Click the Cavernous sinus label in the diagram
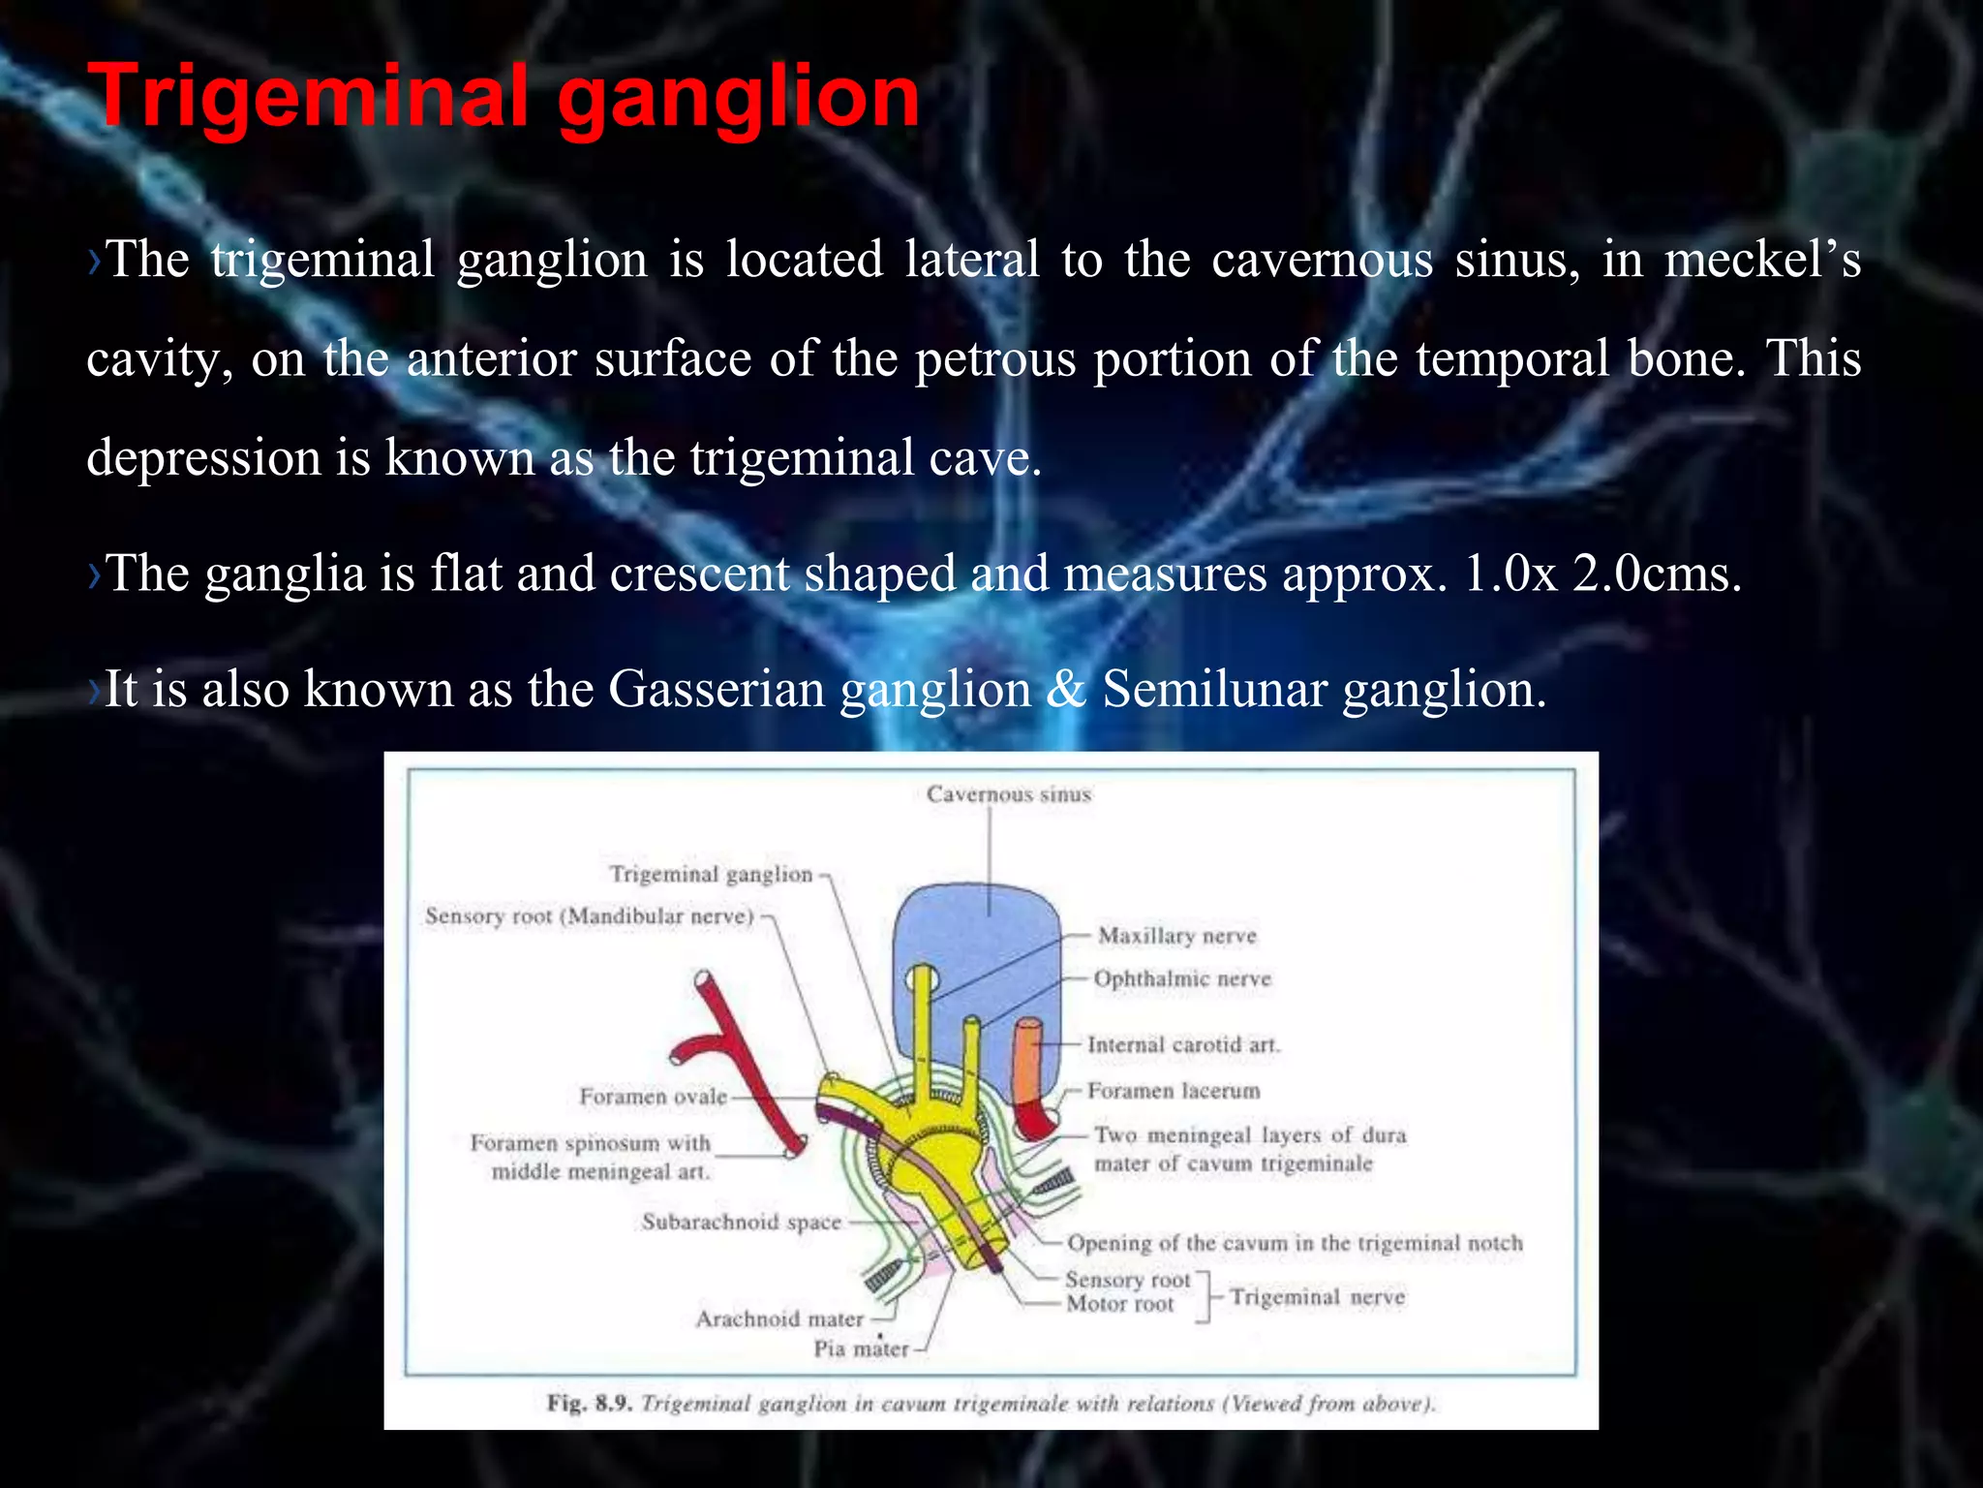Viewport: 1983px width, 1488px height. pos(1008,794)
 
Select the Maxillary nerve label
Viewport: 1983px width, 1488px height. pos(1176,936)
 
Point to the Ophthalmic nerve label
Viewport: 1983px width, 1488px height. pos(1181,978)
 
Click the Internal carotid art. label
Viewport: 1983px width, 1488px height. pos(1182,1044)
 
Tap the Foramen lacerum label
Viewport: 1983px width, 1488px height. pos(1173,1091)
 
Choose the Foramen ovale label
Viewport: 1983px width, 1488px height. pos(653,1096)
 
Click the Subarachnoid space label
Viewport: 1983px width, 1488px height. pos(741,1222)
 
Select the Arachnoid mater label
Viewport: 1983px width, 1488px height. pos(778,1318)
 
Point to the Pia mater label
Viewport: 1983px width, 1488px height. pos(861,1348)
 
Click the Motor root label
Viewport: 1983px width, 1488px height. pos(1119,1304)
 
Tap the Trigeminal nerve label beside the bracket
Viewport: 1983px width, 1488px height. pos(1317,1297)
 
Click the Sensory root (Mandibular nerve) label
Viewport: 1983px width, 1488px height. pos(589,915)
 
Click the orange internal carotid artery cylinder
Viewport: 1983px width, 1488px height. pos(1027,1066)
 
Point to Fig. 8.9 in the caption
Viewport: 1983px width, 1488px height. pos(589,1403)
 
